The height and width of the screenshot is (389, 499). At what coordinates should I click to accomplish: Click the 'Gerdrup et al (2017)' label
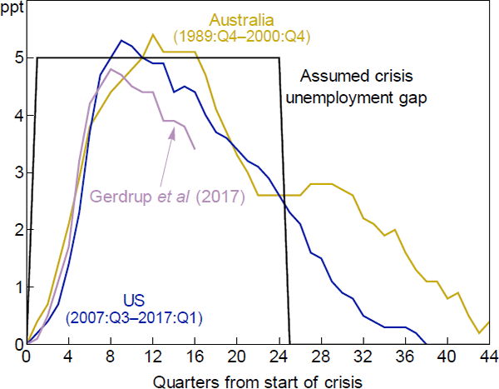(166, 197)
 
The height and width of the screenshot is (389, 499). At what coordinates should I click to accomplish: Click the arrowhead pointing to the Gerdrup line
(173, 131)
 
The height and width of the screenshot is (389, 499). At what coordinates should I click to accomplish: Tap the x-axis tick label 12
(153, 358)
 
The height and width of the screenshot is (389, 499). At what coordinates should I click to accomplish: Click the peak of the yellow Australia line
(153, 35)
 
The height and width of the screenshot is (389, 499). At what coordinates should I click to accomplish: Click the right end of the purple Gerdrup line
(195, 149)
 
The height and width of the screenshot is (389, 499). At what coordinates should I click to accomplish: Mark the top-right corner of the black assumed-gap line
(279, 57)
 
